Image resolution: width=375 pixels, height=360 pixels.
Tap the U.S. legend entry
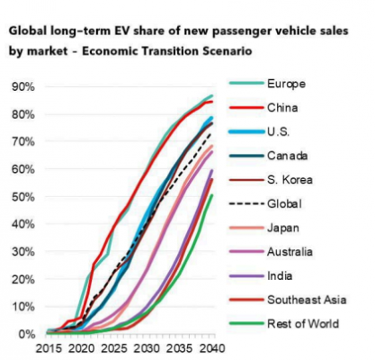tap(280, 133)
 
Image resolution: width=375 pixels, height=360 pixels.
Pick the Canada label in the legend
tap(286, 157)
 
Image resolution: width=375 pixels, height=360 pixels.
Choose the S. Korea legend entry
tap(289, 180)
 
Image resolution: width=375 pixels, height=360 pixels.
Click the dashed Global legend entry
tap(284, 204)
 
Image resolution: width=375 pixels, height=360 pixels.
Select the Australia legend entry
tap(290, 252)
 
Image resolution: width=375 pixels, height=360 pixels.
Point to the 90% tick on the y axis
tap(24, 86)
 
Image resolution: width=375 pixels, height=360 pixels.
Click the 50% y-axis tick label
tap(24, 196)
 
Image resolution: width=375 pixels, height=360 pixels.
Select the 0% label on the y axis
tap(27, 334)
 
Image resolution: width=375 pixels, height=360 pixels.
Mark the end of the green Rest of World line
tap(212, 195)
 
